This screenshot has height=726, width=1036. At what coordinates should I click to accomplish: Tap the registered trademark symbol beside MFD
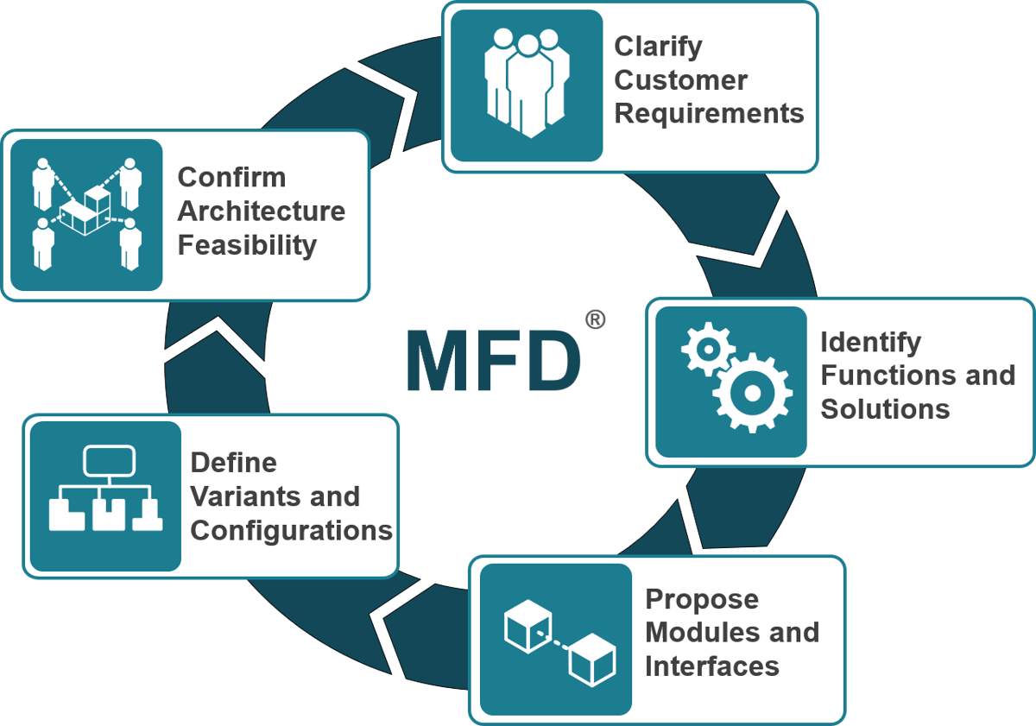595,320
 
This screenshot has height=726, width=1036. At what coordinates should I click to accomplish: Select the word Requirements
709,114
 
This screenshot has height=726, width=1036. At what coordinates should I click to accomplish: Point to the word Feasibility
247,245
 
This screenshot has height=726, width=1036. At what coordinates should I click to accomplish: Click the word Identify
870,342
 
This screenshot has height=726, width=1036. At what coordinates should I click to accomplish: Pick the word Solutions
885,409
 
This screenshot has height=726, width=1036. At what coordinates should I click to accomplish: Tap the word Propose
702,599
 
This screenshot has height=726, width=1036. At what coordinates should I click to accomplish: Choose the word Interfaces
711,666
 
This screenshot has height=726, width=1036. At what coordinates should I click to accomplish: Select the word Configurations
291,530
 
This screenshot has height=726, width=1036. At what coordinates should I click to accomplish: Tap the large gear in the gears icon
752,393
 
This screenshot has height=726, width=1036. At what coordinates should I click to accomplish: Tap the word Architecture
261,211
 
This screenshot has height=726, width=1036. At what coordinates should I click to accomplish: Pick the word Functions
889,376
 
